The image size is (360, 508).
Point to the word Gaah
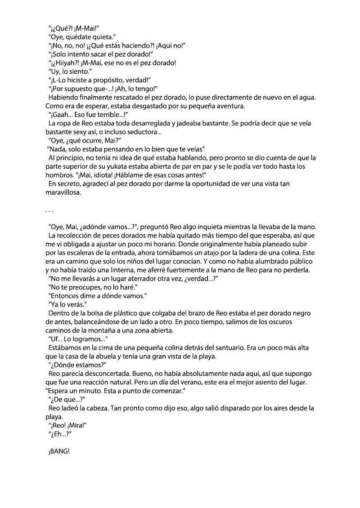(x=62, y=115)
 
